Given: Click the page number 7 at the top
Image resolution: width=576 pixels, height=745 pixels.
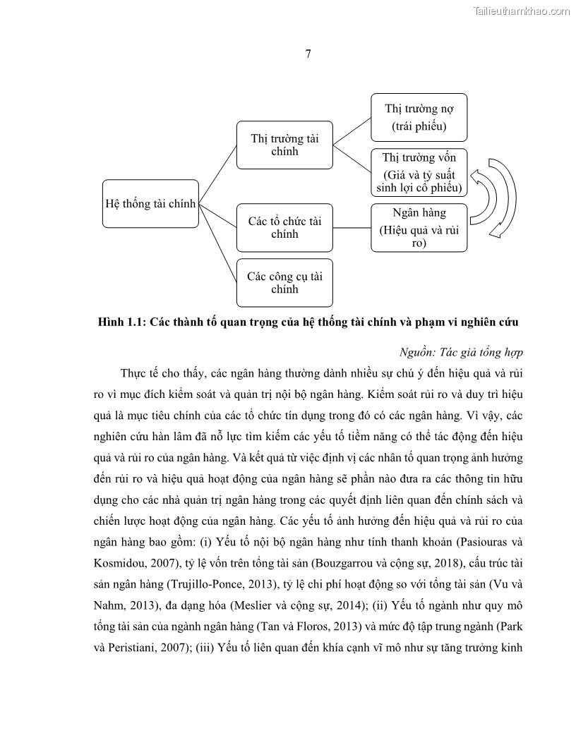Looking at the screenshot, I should click(308, 54).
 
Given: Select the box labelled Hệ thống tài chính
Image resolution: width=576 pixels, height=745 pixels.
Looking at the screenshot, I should click(150, 203).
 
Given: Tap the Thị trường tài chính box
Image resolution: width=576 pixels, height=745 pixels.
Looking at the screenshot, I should click(284, 145).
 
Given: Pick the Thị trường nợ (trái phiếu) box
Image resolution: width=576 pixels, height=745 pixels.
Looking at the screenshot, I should click(419, 117).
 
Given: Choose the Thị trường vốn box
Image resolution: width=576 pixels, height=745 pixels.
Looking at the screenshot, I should click(419, 173).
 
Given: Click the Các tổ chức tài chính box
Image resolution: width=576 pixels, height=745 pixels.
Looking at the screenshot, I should click(284, 227).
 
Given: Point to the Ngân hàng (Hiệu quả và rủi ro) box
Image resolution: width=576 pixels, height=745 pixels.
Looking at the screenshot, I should click(419, 227).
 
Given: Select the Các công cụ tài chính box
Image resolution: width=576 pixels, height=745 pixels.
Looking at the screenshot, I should click(284, 282).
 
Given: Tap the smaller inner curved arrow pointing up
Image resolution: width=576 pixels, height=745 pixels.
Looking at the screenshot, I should click(483, 192).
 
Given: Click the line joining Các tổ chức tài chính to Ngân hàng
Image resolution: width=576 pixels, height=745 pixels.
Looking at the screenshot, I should click(352, 227).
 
